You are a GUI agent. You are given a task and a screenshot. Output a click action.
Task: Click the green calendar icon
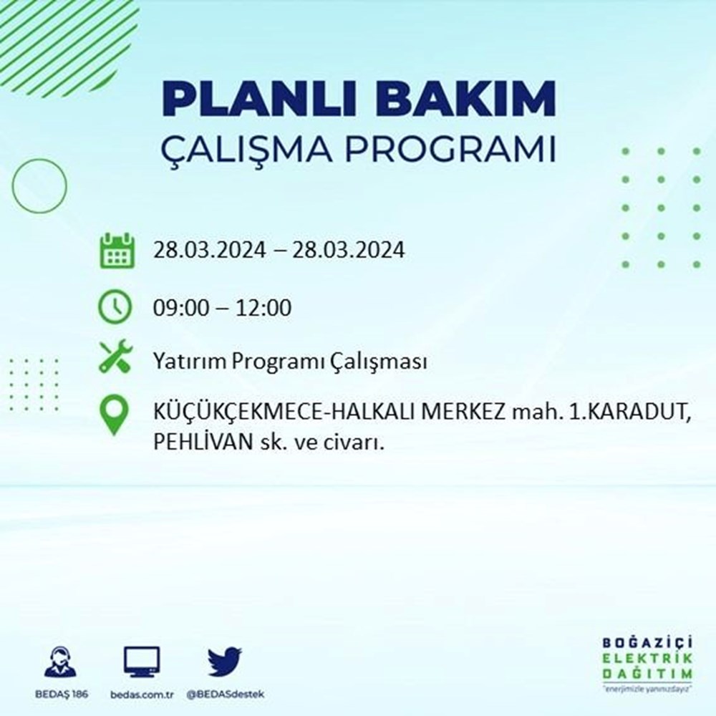(115, 251)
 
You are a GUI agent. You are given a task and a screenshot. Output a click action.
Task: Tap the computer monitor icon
(142, 662)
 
